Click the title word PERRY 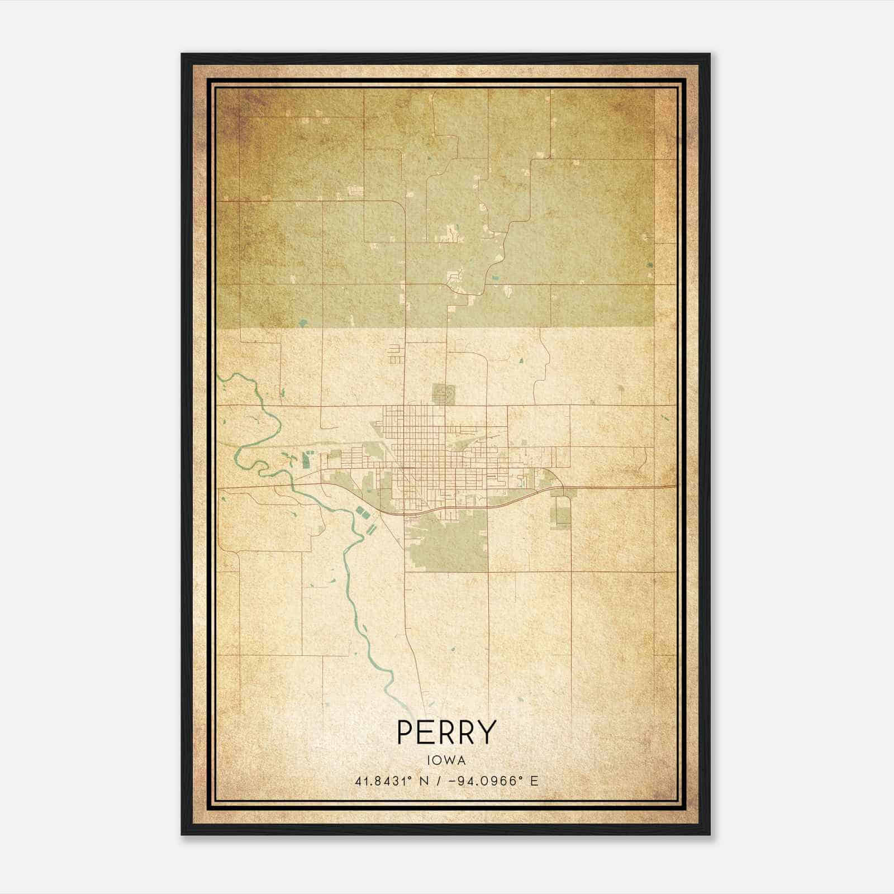pos(446,732)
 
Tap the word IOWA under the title pos(446,760)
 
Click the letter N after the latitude pos(424,781)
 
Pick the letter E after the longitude pos(535,781)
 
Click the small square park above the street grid pos(444,393)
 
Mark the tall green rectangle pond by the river pos(306,460)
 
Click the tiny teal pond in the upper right pos(650,266)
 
